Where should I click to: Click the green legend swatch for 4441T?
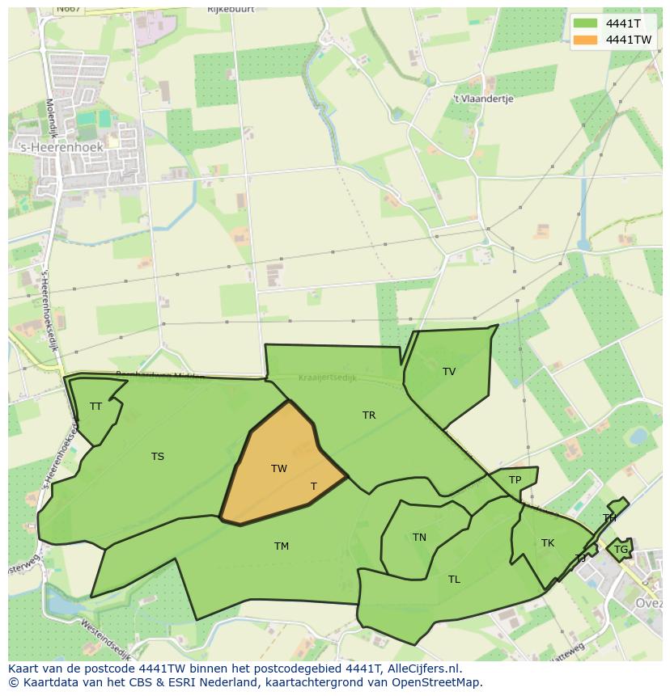[586, 23]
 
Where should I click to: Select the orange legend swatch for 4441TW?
[586, 40]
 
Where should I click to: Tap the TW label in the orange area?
[279, 469]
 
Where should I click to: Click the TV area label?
[449, 372]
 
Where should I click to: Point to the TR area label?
[369, 415]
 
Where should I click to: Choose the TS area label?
[158, 457]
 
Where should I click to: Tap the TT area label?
[95, 407]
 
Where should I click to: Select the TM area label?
[282, 546]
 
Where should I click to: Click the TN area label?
[419, 538]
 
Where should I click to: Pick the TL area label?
[454, 580]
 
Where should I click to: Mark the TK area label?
[548, 543]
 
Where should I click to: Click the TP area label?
[515, 480]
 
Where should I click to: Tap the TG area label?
[621, 550]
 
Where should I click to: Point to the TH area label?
[609, 518]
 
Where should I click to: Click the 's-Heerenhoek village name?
[61, 148]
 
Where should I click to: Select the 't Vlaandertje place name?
[484, 99]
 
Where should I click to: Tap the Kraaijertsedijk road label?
[327, 378]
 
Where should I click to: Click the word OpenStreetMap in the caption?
[436, 682]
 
